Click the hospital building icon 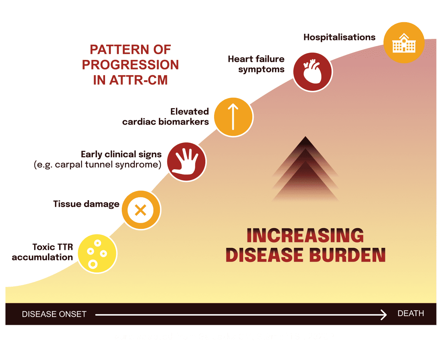tap(404, 43)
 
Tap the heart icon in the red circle tap(312, 71)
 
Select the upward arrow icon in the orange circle tap(233, 117)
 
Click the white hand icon tap(186, 161)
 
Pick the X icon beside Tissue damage tap(141, 210)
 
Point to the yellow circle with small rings tap(97, 254)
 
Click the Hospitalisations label tap(339, 37)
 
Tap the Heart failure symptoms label tap(256, 64)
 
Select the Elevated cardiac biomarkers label tap(166, 117)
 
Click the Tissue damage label tap(86, 204)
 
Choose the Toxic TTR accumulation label tap(43, 252)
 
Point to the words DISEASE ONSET tap(54, 314)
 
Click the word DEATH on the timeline tap(411, 314)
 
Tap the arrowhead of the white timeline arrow tap(384, 315)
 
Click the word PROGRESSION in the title tap(130, 65)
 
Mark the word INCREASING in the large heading tap(305, 236)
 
